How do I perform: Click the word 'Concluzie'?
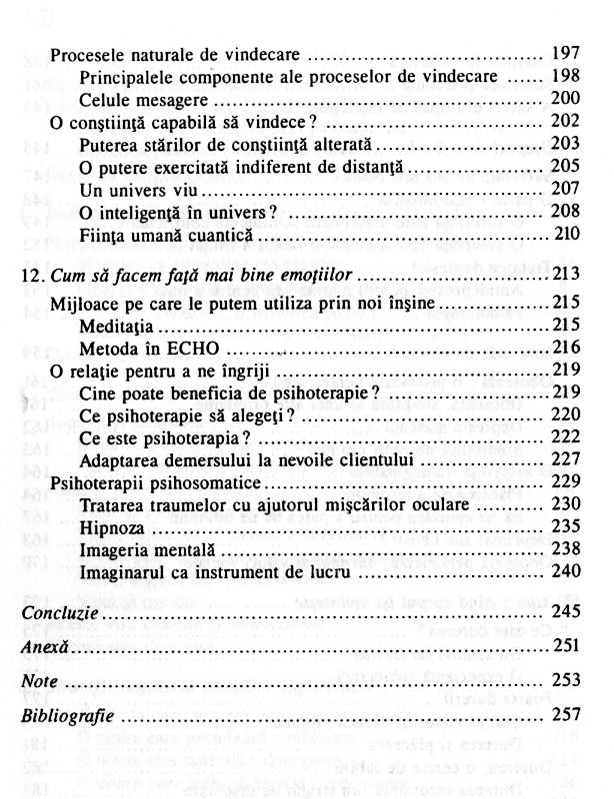click(58, 612)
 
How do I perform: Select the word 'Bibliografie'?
click(68, 716)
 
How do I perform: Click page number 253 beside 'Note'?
click(567, 681)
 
